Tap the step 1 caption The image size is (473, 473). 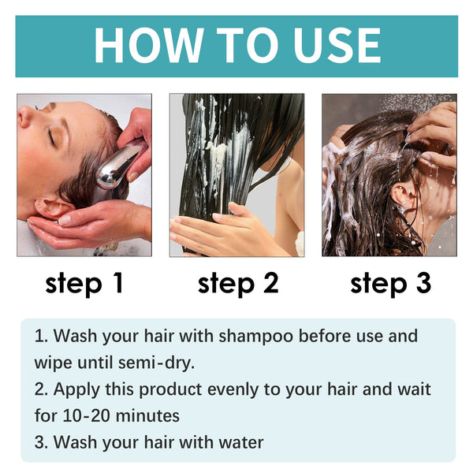point(84,283)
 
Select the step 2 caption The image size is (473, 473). point(237,283)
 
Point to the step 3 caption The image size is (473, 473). point(390,283)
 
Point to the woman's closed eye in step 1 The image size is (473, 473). point(52,136)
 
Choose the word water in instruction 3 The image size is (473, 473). point(240,442)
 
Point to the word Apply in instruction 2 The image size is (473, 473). point(73,389)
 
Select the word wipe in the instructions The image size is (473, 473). point(52,363)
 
